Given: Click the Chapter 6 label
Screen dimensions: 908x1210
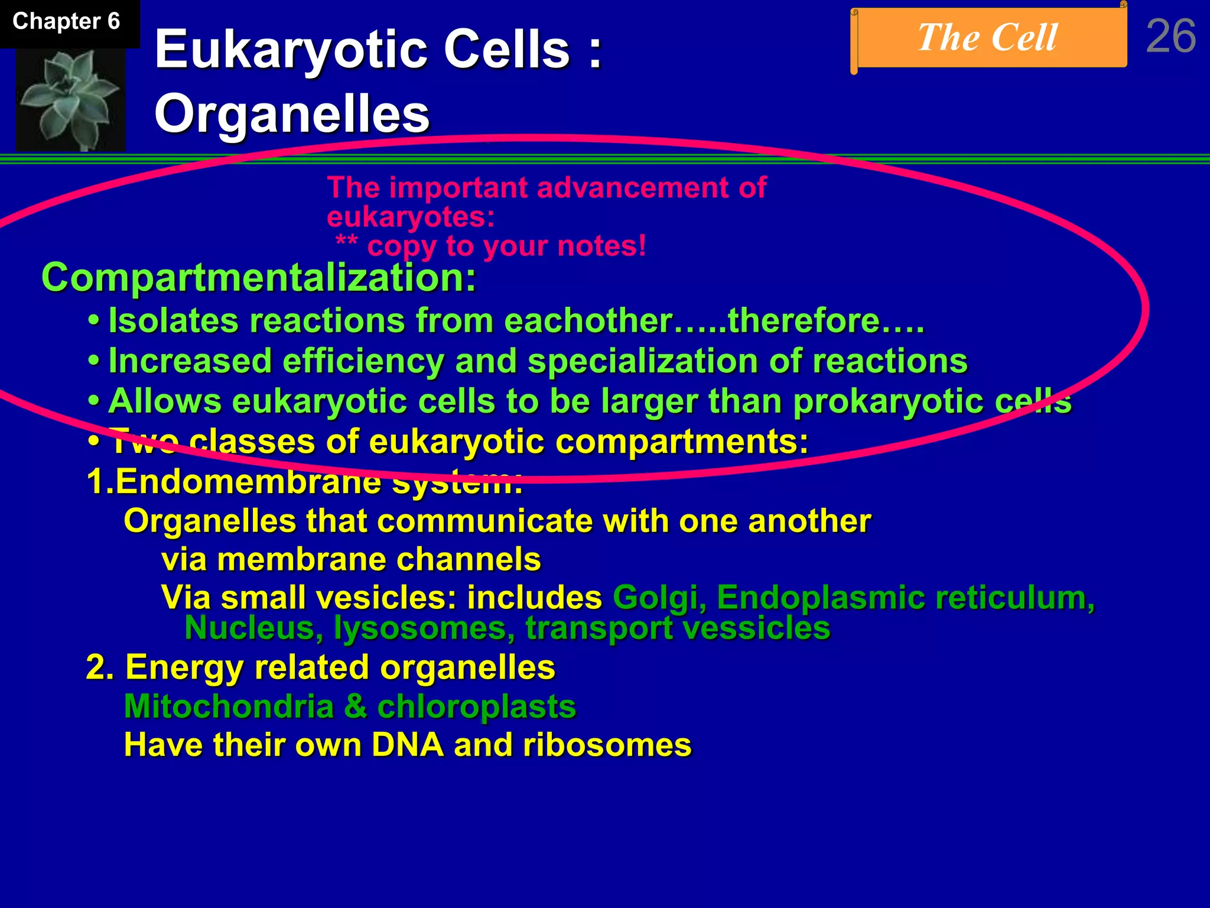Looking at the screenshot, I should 66,22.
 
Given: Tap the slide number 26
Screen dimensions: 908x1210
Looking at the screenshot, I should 1170,37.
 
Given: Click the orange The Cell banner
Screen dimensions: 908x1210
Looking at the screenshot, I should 988,38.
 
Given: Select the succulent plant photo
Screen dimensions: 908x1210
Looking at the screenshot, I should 70,99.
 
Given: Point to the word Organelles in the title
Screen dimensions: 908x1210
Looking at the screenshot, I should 292,114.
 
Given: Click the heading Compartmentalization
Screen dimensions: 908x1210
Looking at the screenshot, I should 258,277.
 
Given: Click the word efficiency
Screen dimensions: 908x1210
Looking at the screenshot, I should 363,361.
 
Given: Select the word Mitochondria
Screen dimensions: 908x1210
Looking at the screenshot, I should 229,706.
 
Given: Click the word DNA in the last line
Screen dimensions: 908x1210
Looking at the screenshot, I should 407,745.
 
